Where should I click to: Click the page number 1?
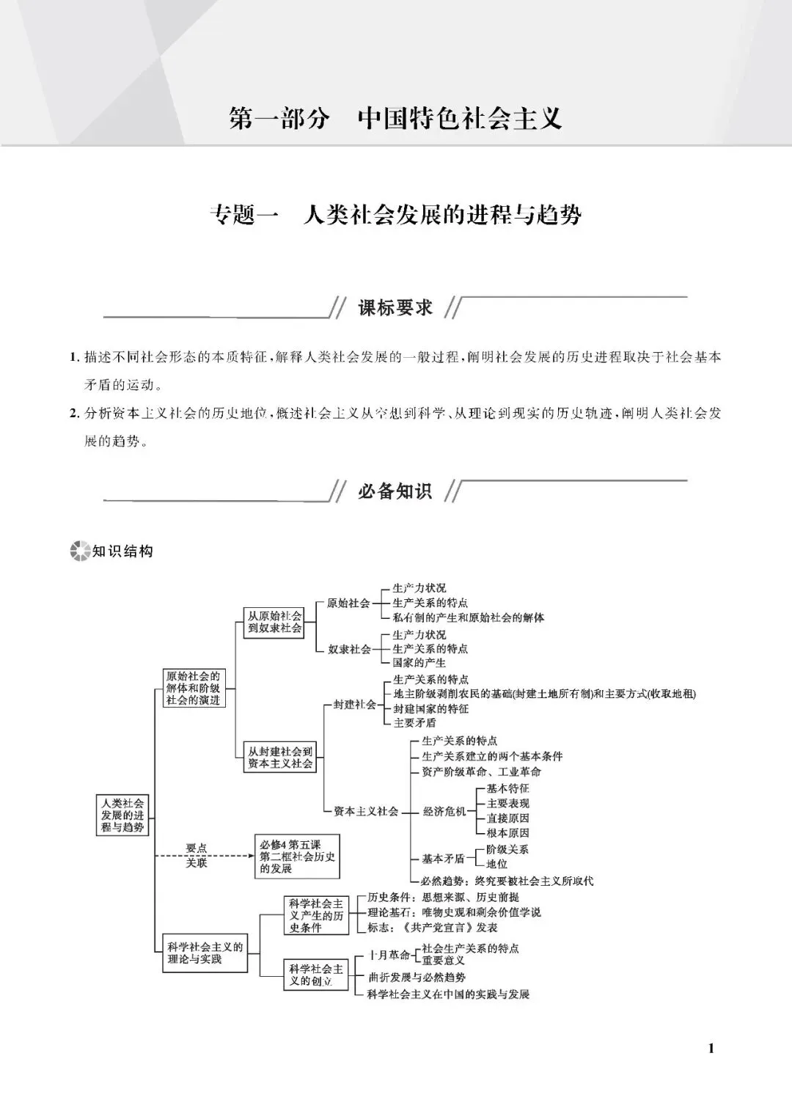point(711,1048)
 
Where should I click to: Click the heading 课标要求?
point(395,308)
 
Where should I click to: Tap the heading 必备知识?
point(395,491)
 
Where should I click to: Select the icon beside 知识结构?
point(78,551)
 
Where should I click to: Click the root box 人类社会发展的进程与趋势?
point(123,815)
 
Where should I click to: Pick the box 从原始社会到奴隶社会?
point(274,623)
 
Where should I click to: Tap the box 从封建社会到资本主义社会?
point(280,758)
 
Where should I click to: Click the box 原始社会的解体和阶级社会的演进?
point(193,688)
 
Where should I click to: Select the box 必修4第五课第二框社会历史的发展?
point(297,857)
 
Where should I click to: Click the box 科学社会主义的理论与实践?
point(205,953)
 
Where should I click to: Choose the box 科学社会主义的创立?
point(316,975)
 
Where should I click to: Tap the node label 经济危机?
point(444,812)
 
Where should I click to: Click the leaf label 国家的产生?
point(419,663)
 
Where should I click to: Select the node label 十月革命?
point(389,955)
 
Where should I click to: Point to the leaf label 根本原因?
point(507,833)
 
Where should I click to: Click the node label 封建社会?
point(354,704)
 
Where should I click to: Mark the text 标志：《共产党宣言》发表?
point(433,928)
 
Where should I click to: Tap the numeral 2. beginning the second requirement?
point(74,413)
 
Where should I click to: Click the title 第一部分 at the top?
point(279,119)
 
